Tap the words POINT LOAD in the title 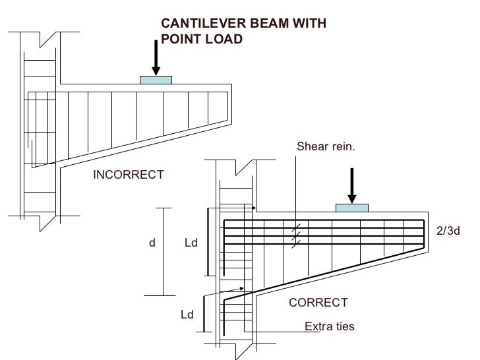click(202, 39)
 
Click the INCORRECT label click(128, 175)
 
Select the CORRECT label click(318, 303)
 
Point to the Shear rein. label click(326, 146)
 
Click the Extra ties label click(329, 326)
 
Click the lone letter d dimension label click(152, 243)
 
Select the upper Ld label click(191, 243)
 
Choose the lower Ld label click(187, 315)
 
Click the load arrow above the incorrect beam click(156, 57)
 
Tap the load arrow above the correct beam click(351, 185)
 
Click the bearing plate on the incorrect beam click(156, 80)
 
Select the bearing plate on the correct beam click(351, 208)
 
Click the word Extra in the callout click(318, 326)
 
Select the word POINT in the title click(181, 39)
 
